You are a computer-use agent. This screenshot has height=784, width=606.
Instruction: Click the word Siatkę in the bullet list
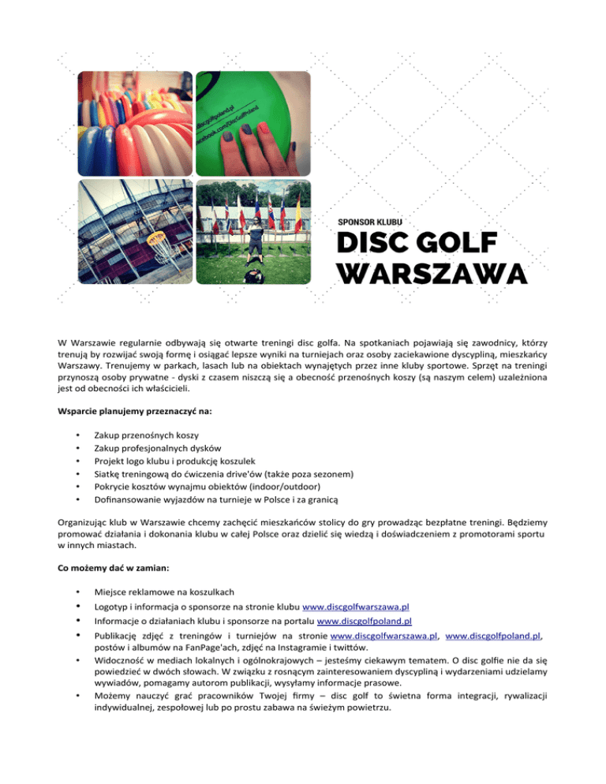pos(107,475)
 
